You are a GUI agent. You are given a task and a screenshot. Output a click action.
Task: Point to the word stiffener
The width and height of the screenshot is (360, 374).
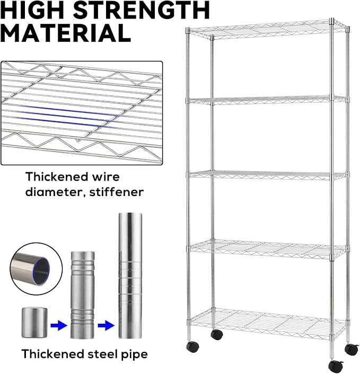(117, 192)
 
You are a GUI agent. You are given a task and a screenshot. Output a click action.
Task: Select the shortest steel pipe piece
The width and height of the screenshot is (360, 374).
(34, 323)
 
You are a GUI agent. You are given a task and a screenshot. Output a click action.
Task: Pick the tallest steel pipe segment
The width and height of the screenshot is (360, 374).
(130, 275)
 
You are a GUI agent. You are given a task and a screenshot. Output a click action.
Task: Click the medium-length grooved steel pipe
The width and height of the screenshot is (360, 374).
(83, 295)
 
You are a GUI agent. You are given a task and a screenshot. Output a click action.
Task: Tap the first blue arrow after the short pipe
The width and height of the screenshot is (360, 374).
(59, 325)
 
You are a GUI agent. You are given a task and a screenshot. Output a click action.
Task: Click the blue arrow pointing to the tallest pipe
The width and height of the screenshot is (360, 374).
(106, 325)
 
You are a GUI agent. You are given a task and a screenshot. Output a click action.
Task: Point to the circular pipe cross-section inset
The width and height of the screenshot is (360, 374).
(36, 269)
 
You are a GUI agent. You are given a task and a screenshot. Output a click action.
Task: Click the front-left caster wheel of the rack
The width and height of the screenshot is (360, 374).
(193, 346)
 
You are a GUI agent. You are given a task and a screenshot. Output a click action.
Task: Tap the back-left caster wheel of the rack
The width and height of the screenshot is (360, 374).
(217, 334)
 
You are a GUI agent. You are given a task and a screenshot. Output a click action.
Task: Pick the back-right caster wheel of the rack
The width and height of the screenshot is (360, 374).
(352, 349)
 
